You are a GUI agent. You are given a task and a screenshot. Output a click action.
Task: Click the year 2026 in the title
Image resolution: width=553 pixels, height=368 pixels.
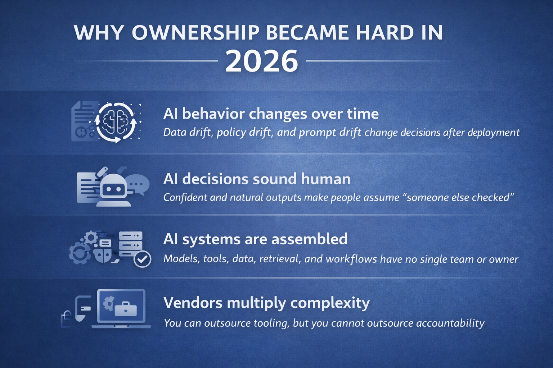pos(262,61)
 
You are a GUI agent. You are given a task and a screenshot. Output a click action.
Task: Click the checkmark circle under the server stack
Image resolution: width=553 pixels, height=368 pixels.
pos(142,259)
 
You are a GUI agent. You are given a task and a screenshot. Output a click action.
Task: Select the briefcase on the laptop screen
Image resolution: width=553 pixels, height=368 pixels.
pos(125,309)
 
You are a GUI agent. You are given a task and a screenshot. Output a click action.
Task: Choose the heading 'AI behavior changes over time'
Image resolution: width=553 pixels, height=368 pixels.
pos(271,114)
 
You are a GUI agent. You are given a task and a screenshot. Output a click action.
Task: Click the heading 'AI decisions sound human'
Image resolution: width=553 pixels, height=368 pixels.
pos(257,179)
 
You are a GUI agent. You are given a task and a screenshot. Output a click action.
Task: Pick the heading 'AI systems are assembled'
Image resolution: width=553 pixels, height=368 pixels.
pos(255,239)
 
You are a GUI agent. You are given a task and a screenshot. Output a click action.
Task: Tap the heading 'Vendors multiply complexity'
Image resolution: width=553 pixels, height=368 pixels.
pos(266,303)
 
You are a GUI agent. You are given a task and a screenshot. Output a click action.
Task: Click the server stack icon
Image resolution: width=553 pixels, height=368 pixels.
pos(130,244)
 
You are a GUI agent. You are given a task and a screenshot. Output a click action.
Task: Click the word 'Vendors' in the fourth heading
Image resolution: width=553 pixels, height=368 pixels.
pos(193,303)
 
